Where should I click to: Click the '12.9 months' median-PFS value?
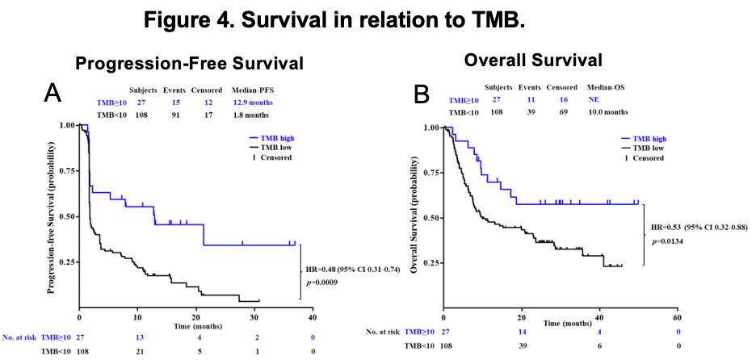252,103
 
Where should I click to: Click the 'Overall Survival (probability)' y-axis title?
414,210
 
